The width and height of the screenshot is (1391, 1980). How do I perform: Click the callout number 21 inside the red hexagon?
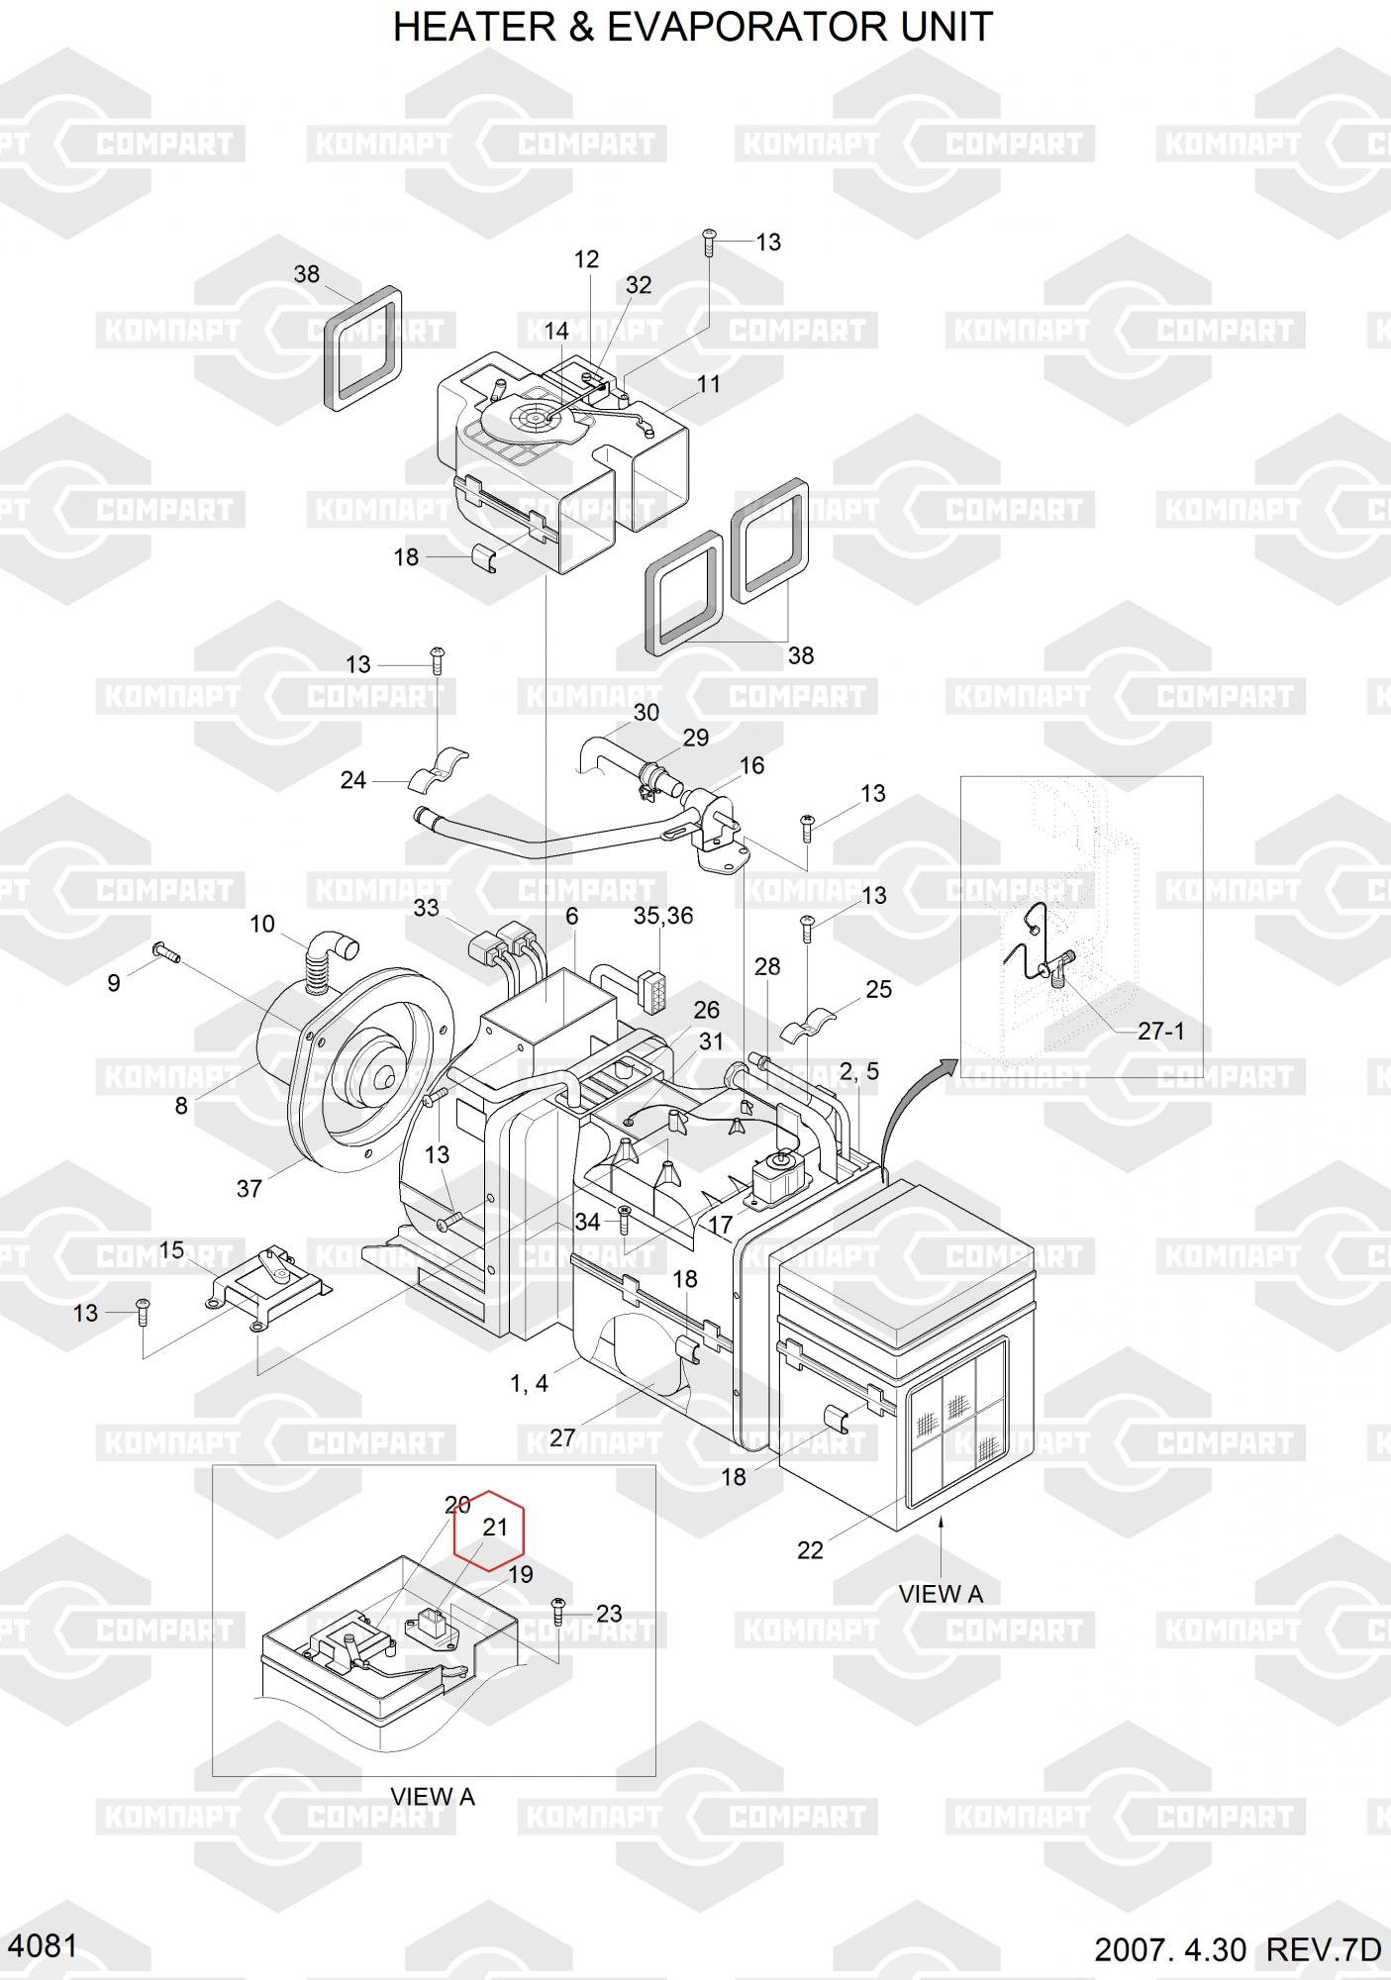pyautogui.click(x=495, y=1528)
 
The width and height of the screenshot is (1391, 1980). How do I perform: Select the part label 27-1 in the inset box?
pyautogui.click(x=1160, y=1031)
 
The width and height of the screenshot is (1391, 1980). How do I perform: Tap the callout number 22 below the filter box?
pyautogui.click(x=810, y=1550)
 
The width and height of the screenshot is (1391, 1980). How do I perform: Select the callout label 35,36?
pyautogui.click(x=663, y=916)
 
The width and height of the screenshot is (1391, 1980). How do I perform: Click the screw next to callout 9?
pyautogui.click(x=164, y=953)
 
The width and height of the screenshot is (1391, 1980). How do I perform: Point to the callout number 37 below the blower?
pyautogui.click(x=248, y=1188)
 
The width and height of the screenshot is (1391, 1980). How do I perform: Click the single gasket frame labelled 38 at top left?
pyautogui.click(x=363, y=349)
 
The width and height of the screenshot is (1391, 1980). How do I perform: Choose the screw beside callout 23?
pyautogui.click(x=559, y=1611)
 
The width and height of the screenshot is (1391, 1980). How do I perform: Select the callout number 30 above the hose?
pyautogui.click(x=646, y=713)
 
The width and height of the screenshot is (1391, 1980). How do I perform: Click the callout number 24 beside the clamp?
pyautogui.click(x=353, y=780)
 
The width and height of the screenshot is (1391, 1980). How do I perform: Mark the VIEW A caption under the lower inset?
pyautogui.click(x=433, y=1796)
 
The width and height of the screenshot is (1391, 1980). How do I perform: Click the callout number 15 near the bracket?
pyautogui.click(x=171, y=1250)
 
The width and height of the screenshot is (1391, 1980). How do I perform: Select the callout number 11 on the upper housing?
pyautogui.click(x=709, y=384)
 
